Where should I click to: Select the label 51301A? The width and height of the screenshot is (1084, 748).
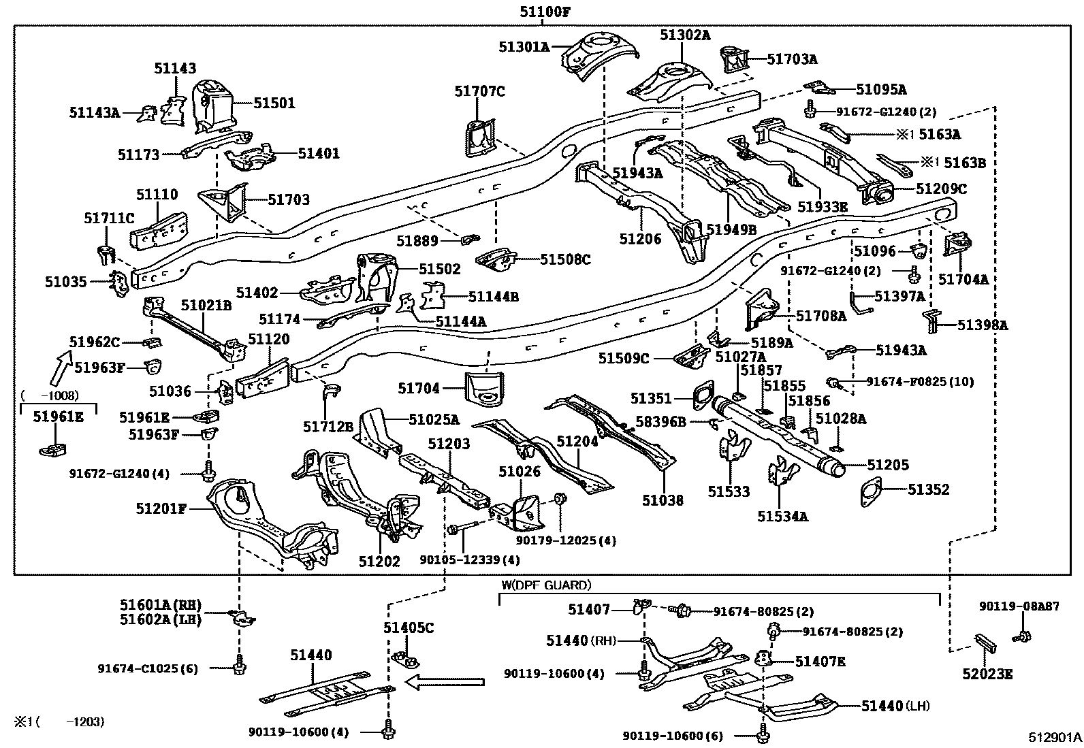point(524,47)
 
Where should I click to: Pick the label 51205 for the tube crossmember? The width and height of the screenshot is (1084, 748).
point(889,465)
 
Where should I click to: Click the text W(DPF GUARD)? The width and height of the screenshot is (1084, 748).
point(546,585)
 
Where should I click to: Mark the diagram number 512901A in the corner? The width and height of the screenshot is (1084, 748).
point(1055,736)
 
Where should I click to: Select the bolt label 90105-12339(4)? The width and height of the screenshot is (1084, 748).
point(470,559)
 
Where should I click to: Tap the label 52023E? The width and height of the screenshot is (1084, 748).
point(987,674)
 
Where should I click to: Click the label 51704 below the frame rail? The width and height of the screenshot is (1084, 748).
point(418,389)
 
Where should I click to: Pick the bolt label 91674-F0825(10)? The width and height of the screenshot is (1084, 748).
point(920,381)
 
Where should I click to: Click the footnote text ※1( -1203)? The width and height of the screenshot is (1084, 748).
point(59,721)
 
